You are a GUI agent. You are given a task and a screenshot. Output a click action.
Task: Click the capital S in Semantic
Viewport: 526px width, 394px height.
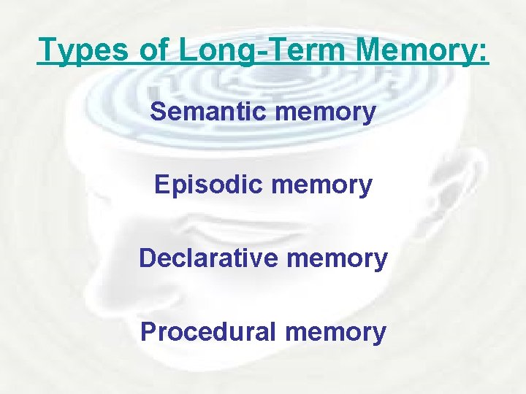coord(157,112)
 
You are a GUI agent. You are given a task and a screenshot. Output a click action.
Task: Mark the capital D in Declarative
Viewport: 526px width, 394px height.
coord(147,258)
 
